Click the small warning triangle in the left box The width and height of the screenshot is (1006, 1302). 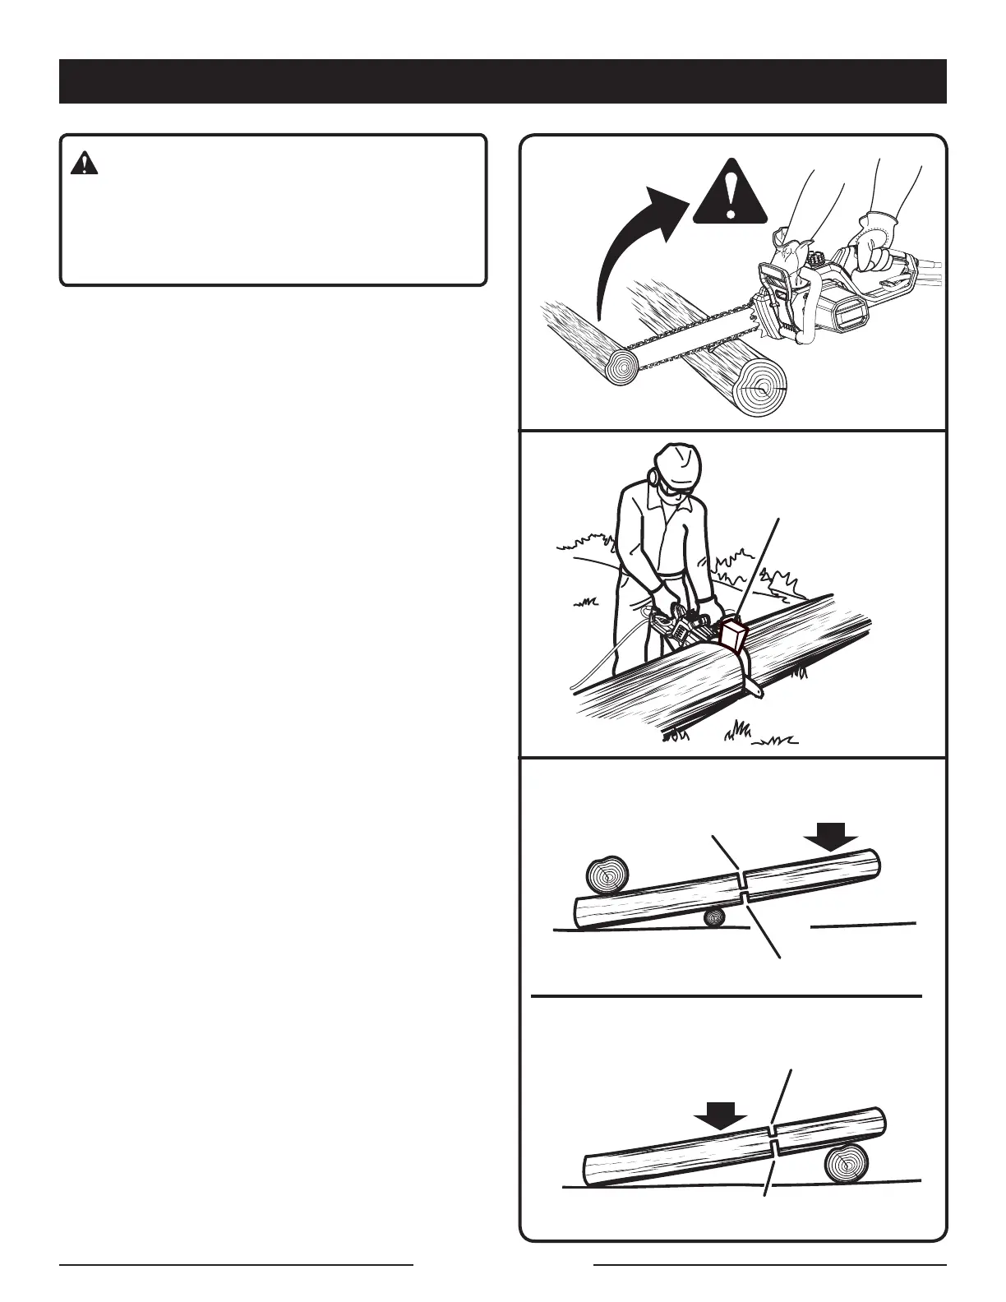pyautogui.click(x=84, y=164)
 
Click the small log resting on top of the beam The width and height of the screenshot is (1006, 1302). pyautogui.click(x=607, y=875)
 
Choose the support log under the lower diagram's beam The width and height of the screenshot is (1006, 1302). pyautogui.click(x=847, y=1162)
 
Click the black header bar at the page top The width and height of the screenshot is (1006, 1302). pyautogui.click(x=503, y=81)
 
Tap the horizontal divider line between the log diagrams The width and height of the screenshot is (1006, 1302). pyautogui.click(x=727, y=995)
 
